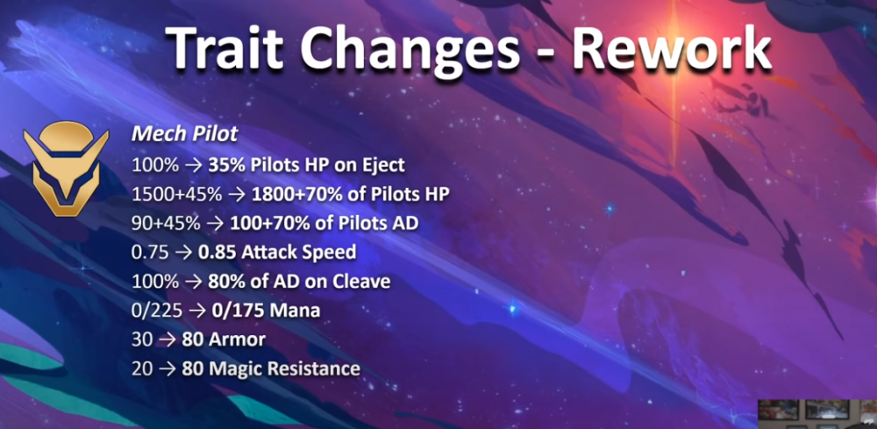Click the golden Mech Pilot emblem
tap(66, 168)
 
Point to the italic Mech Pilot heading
tap(184, 135)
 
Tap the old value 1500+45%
tap(177, 194)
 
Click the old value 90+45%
tap(166, 223)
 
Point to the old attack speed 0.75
tap(150, 253)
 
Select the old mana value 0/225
tap(157, 311)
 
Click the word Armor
tap(238, 340)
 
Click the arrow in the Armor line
tap(168, 340)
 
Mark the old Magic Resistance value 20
tap(142, 368)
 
